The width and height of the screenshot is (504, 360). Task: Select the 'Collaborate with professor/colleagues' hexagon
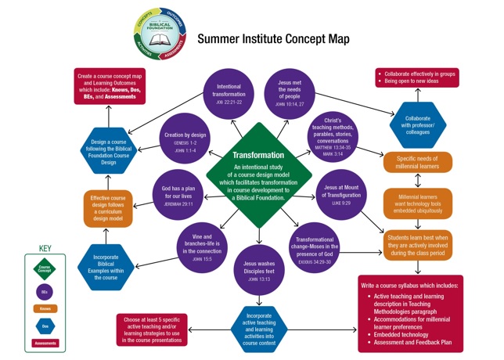tap(417, 125)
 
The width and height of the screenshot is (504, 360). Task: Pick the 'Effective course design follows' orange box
tap(108, 208)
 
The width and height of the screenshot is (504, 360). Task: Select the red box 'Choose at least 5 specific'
tap(153, 329)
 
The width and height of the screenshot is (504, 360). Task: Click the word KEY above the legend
tap(45, 249)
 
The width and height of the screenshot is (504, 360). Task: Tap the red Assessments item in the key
tap(45, 343)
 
